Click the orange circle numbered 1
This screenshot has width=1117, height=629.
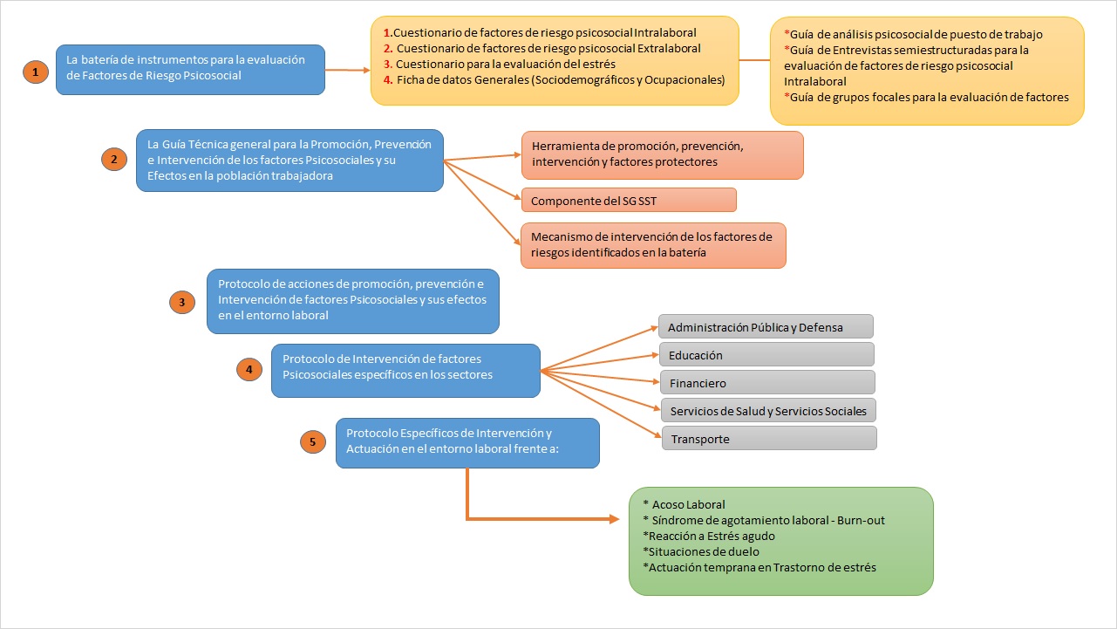coord(35,72)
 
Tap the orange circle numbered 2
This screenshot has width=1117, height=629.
coord(113,159)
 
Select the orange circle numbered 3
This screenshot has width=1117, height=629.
coord(181,302)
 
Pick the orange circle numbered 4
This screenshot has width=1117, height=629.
coord(249,370)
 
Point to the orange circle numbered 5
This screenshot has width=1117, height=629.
coord(313,442)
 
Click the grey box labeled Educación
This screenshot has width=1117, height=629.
coord(766,354)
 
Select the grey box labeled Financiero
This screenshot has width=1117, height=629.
coord(766,382)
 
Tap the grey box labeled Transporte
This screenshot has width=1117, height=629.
coord(768,438)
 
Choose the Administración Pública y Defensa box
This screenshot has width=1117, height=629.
coord(765,327)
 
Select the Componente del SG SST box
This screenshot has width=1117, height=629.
coord(629,200)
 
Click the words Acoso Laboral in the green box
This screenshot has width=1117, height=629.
coord(688,504)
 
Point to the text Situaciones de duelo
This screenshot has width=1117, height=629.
coord(700,551)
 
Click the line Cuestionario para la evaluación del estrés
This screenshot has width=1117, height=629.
coord(506,64)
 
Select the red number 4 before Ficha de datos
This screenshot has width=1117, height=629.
coord(388,79)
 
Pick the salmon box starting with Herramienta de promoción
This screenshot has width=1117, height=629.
coord(662,154)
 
